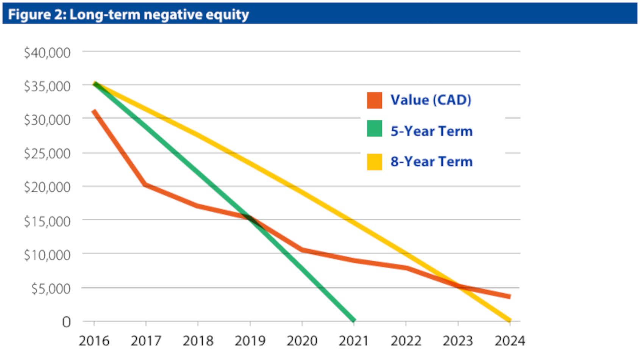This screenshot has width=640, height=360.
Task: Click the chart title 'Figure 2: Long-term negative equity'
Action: tap(129, 14)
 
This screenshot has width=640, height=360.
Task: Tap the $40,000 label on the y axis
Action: tap(47, 53)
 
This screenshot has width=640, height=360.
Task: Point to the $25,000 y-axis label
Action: tap(47, 154)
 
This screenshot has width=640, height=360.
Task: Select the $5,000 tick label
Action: tap(51, 289)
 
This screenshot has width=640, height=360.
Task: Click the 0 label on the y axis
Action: tap(66, 322)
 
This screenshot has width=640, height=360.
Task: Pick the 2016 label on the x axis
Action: tap(94, 341)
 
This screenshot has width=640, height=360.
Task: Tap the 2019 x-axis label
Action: tap(250, 341)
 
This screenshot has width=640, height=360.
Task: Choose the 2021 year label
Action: tap(354, 341)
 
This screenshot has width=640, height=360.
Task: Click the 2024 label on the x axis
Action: tap(510, 341)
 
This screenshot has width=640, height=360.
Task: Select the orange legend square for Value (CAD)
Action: tap(375, 100)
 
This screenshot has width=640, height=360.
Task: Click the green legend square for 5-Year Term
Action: tap(375, 128)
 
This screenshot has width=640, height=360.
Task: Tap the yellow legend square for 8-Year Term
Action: tap(375, 162)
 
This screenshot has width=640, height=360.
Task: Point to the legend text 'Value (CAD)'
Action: tap(431, 100)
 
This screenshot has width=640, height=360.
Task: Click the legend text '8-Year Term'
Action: tap(432, 161)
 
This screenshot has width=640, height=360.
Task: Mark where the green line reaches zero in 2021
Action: tap(354, 320)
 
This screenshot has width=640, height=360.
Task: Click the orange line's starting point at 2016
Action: tap(94, 111)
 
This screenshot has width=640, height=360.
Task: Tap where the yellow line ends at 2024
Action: tap(510, 320)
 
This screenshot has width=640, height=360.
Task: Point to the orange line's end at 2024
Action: tap(510, 297)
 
